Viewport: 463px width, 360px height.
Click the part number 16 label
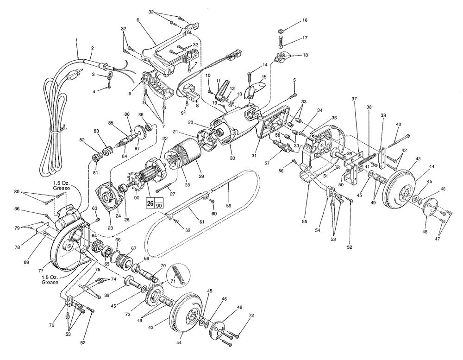(x=305, y=20)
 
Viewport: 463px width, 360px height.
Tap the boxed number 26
(x=150, y=204)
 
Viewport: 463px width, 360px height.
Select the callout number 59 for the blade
(x=228, y=206)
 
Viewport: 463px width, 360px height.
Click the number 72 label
(x=251, y=316)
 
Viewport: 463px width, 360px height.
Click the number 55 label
(x=305, y=221)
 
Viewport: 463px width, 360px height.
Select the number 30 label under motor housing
(x=233, y=158)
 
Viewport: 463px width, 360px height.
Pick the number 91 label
(x=183, y=113)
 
